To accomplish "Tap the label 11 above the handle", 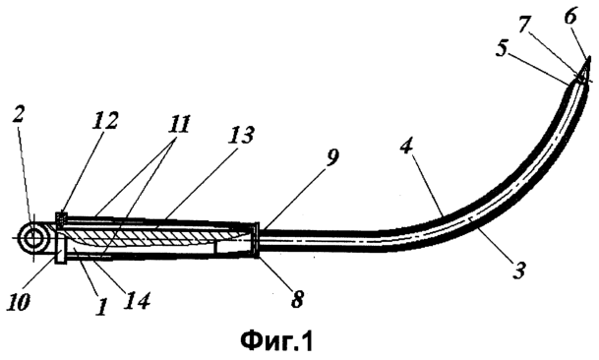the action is pyautogui.click(x=178, y=124).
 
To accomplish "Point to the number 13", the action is pyautogui.click(x=241, y=135).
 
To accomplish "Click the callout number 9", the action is pyautogui.click(x=331, y=157).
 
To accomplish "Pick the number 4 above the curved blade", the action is pyautogui.click(x=406, y=147).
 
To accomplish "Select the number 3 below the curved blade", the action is pyautogui.click(x=519, y=270).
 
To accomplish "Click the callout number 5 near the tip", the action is pyautogui.click(x=502, y=50).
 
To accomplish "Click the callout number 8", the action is pyautogui.click(x=297, y=299).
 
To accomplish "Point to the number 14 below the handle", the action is pyautogui.click(x=138, y=300).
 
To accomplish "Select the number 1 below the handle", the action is pyautogui.click(x=101, y=307).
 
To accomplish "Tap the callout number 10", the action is pyautogui.click(x=18, y=302).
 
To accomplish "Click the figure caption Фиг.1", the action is pyautogui.click(x=276, y=341).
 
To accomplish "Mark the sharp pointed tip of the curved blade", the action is pyautogui.click(x=589, y=57).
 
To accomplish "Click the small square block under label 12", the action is pyautogui.click(x=61, y=218).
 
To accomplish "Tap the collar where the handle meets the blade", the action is pyautogui.click(x=257, y=240).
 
